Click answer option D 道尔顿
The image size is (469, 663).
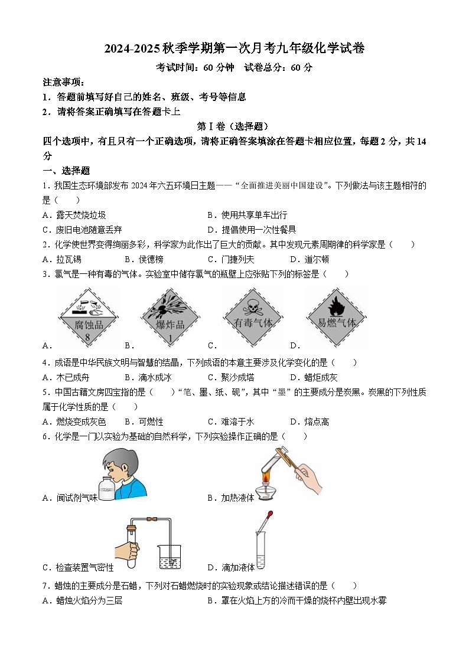[x=310, y=259]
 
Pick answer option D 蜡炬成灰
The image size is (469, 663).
[x=314, y=377]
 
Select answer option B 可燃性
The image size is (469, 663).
[x=144, y=422]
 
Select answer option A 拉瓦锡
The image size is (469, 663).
[x=62, y=259]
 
